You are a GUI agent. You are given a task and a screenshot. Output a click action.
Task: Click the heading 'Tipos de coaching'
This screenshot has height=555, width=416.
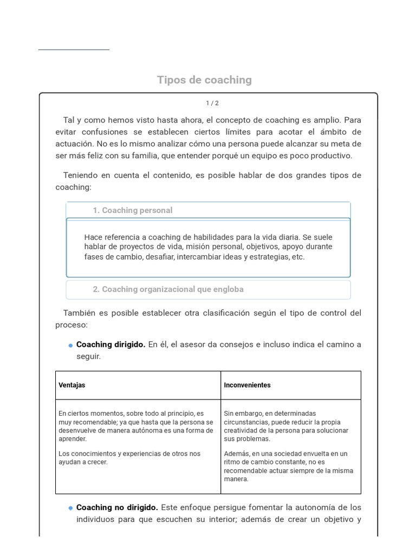(204, 80)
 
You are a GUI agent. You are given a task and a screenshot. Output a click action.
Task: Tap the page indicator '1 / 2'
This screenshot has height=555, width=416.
(212, 104)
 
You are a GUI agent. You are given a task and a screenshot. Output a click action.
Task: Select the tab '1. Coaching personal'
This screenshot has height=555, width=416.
(132, 210)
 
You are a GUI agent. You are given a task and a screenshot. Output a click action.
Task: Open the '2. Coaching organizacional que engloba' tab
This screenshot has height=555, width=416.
(168, 289)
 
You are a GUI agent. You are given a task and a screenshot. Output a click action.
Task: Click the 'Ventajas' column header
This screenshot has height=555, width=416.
(71, 385)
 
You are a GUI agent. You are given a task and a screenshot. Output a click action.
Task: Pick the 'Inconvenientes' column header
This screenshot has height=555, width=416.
(247, 385)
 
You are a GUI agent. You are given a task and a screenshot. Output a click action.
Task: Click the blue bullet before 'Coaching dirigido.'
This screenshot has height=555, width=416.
(70, 346)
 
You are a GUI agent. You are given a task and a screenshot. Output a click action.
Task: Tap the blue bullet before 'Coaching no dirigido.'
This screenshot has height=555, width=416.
(70, 508)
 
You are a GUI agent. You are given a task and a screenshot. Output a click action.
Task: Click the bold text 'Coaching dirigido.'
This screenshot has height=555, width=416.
(110, 345)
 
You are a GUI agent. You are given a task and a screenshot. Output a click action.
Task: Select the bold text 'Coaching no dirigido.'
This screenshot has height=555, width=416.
(117, 508)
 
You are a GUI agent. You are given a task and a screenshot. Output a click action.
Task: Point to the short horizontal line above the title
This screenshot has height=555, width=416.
(74, 50)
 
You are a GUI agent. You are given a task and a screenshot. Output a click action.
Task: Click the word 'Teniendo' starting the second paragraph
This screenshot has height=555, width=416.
(80, 176)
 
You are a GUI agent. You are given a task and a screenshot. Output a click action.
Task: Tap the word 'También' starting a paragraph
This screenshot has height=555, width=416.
(79, 313)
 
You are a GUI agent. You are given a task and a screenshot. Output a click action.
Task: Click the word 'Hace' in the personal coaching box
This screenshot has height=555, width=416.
(93, 237)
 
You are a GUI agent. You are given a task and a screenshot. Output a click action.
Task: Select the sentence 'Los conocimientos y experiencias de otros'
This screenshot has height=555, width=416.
(129, 454)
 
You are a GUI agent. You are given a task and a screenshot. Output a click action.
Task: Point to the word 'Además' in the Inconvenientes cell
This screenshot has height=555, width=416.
(236, 454)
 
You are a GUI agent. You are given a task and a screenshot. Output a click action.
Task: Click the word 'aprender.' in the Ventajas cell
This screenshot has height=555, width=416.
(73, 439)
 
